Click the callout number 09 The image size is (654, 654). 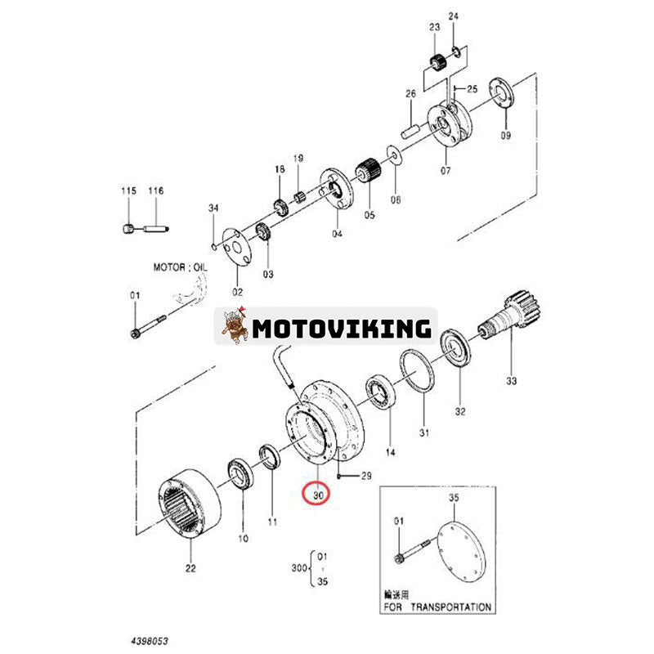505,136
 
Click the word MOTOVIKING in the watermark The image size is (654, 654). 341,329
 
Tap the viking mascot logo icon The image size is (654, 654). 235,328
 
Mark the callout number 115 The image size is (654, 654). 128,190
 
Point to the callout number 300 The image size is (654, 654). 299,567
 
